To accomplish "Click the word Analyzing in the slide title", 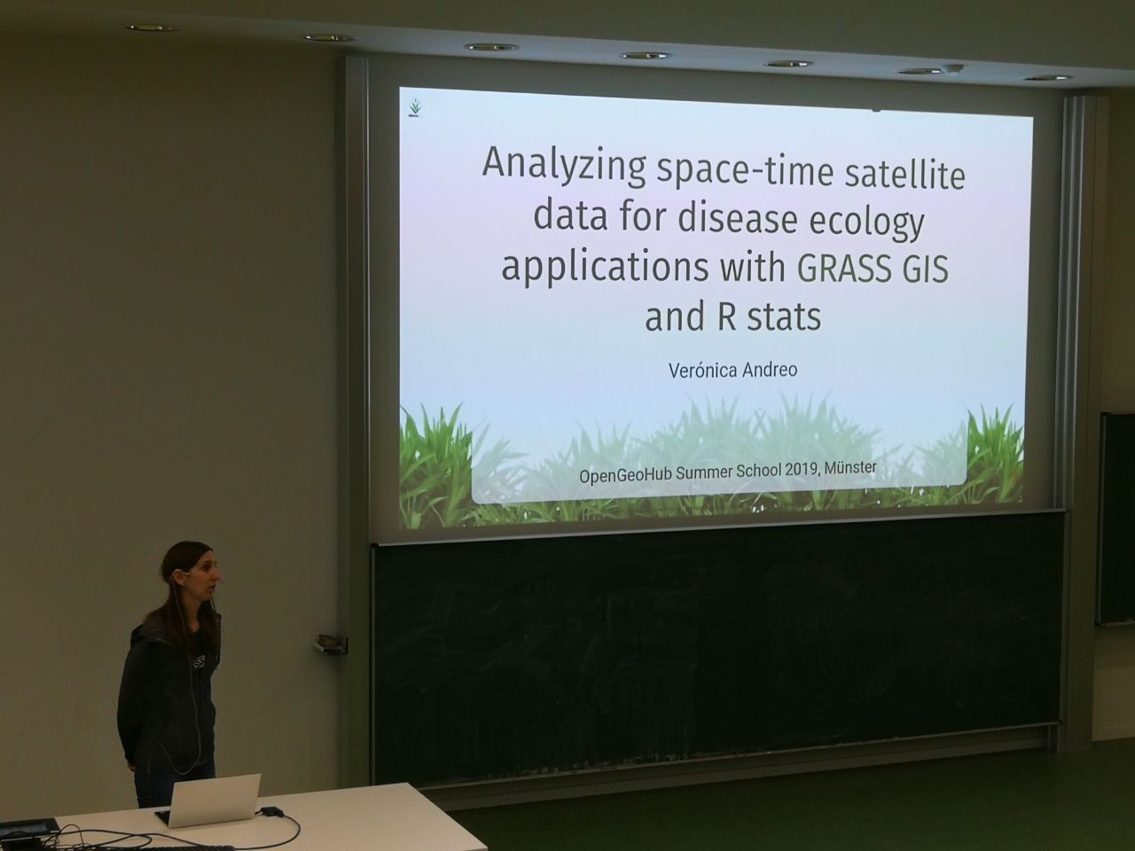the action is [x=564, y=163].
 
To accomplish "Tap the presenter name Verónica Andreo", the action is [x=732, y=370].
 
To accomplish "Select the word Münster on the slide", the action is [x=850, y=468].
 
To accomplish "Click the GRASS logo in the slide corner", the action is [x=415, y=106].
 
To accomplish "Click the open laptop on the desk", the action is [x=212, y=798].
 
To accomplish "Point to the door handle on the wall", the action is [x=330, y=644].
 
